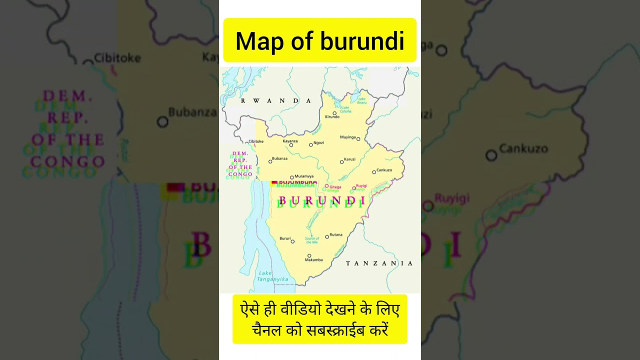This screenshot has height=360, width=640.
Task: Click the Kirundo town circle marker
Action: tap(334, 113)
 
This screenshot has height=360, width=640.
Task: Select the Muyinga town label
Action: tap(347, 137)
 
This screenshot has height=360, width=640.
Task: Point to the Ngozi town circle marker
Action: tap(310, 144)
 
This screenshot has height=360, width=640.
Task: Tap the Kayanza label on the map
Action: tap(290, 141)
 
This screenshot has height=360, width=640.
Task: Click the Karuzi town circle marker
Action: tap(341, 162)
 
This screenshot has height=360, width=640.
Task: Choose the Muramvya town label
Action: tap(304, 176)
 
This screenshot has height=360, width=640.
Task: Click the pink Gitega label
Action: tap(335, 187)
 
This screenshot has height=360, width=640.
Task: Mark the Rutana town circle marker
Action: tap(327, 236)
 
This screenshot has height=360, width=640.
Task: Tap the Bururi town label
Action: tap(284, 238)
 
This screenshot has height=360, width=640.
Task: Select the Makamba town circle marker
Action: tap(309, 256)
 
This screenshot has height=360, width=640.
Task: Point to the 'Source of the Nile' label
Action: tap(312, 240)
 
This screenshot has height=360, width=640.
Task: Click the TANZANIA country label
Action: tap(379, 263)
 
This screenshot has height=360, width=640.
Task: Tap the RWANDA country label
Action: tap(276, 101)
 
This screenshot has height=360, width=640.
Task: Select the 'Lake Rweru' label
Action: tap(362, 101)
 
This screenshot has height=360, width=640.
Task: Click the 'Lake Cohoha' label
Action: tap(345, 109)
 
